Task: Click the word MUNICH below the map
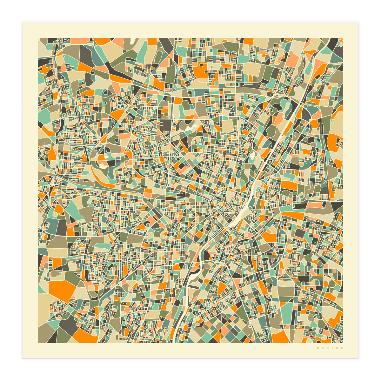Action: coord(330,348)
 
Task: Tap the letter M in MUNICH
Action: coord(318,348)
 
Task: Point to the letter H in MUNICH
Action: coord(342,348)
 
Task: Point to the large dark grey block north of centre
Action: coord(165,125)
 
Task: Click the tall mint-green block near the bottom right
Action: coord(288,313)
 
